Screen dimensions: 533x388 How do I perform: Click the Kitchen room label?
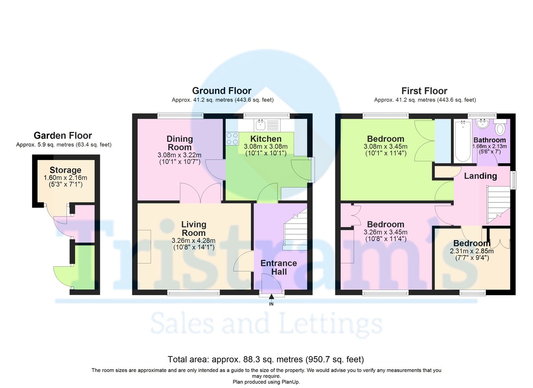[266, 139]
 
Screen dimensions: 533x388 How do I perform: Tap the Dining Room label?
[179, 143]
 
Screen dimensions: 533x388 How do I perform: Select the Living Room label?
[194, 228]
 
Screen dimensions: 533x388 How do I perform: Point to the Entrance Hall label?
[278, 267]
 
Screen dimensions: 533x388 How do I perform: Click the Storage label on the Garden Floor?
[65, 170]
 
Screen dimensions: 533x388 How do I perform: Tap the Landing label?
[481, 176]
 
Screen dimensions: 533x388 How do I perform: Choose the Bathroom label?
[489, 140]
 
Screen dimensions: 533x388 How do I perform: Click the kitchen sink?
[267, 125]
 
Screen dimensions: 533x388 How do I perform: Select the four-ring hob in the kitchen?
[232, 139]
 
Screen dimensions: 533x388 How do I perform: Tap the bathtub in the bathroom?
[463, 141]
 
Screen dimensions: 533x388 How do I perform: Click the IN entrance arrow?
[271, 296]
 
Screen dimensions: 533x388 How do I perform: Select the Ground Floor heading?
[222, 91]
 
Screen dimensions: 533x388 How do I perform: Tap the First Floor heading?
[424, 91]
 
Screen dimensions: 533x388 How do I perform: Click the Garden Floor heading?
[63, 136]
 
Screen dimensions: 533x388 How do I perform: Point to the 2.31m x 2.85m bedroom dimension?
[472, 251]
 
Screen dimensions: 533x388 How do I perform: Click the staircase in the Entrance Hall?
[295, 229]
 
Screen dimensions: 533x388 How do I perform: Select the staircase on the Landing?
[498, 205]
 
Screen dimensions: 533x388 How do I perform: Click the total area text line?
[266, 359]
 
